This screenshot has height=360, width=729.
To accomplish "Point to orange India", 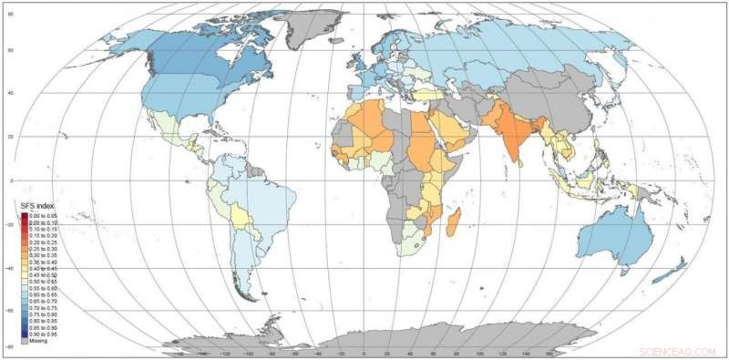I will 516,137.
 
